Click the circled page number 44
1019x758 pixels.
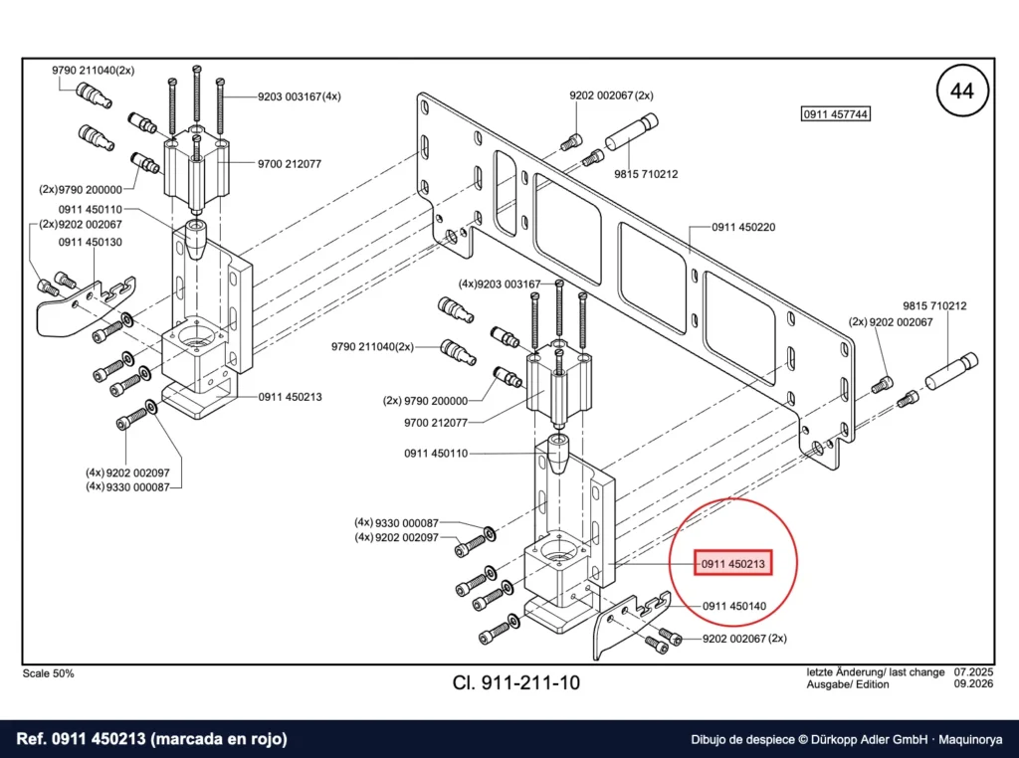962,91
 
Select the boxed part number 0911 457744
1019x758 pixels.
835,114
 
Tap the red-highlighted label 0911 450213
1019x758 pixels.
733,563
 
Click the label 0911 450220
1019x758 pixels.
743,228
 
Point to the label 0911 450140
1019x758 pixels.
734,606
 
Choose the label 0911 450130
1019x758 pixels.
91,243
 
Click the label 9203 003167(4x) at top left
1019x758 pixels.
299,96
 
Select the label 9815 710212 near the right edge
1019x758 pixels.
934,305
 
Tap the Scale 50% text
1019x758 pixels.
48,673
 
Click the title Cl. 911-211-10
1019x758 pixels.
516,682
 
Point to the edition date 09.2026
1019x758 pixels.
973,684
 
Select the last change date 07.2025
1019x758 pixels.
973,672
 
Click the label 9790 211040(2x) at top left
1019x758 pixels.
93,71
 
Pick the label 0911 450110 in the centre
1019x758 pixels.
436,454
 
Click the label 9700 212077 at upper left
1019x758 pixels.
290,164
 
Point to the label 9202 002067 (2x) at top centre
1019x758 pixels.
612,95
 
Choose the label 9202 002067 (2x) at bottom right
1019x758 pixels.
744,639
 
